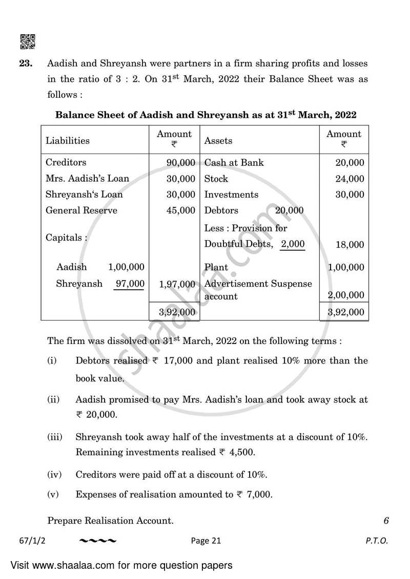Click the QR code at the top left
(x=27, y=41)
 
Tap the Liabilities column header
(x=67, y=140)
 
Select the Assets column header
(x=218, y=140)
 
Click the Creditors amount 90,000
(x=181, y=163)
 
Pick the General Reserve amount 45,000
(x=181, y=210)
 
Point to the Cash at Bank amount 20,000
(x=350, y=163)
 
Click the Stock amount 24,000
(x=350, y=179)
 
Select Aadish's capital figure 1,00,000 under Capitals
(x=126, y=267)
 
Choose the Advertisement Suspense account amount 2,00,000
(x=346, y=295)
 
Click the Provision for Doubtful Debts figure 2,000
(x=293, y=244)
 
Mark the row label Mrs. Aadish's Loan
(x=87, y=179)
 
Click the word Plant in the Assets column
(x=216, y=267)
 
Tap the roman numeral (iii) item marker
(x=55, y=437)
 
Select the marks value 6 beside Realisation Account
(x=386, y=521)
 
